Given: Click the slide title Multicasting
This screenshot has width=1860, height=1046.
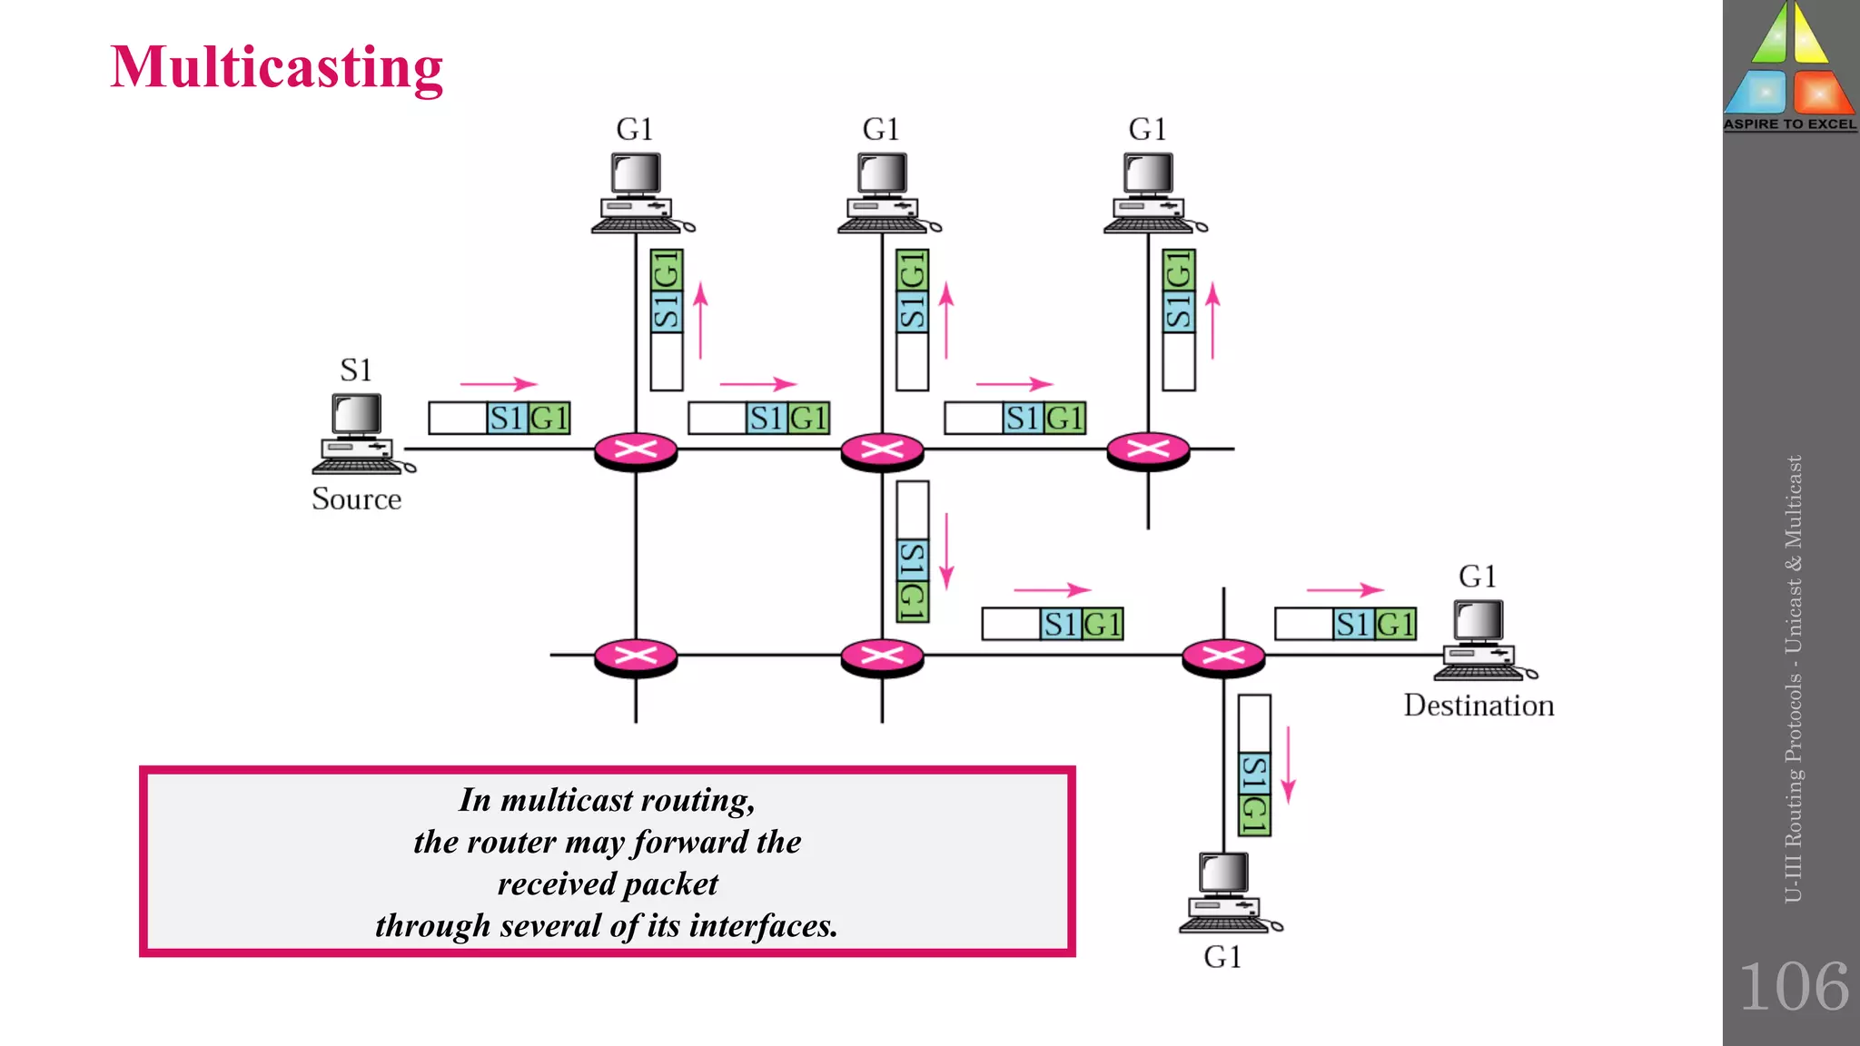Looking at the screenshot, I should point(276,67).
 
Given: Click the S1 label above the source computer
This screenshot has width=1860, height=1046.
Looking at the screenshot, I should point(356,370).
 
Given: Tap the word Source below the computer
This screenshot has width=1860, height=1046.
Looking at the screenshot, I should point(356,499).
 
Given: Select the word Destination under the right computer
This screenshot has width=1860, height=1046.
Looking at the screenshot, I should point(1479,706).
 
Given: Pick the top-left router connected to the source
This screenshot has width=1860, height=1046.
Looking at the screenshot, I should point(636,450).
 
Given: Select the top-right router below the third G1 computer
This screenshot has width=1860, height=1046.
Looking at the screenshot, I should point(1148,449).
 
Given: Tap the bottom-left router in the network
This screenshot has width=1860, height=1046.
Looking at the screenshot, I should point(636,656).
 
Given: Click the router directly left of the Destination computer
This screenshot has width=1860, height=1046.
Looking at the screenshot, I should point(1223,656).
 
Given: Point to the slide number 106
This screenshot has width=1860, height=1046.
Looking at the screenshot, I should point(1794,987).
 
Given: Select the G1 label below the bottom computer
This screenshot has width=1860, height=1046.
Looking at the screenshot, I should point(1222,957).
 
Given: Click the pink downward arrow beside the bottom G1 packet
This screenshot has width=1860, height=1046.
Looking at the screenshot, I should point(1288,765).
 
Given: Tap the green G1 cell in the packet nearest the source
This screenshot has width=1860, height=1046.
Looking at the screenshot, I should point(549,419).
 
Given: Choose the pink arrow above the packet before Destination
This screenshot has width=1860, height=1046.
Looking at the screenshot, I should point(1344,590).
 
